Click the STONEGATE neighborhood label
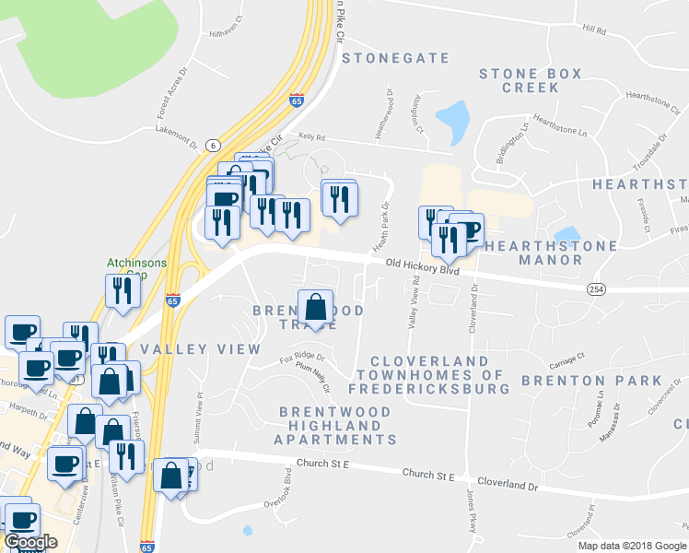(x=395, y=58)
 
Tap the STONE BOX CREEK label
(x=530, y=80)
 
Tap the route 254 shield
(x=594, y=289)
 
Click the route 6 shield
(x=213, y=146)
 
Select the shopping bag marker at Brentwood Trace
(x=315, y=308)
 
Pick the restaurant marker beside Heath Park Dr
(x=338, y=198)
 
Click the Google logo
(x=30, y=542)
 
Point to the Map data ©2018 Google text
(x=632, y=546)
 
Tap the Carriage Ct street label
(x=568, y=359)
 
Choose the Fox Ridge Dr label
(x=302, y=357)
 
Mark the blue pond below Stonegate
(x=452, y=122)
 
